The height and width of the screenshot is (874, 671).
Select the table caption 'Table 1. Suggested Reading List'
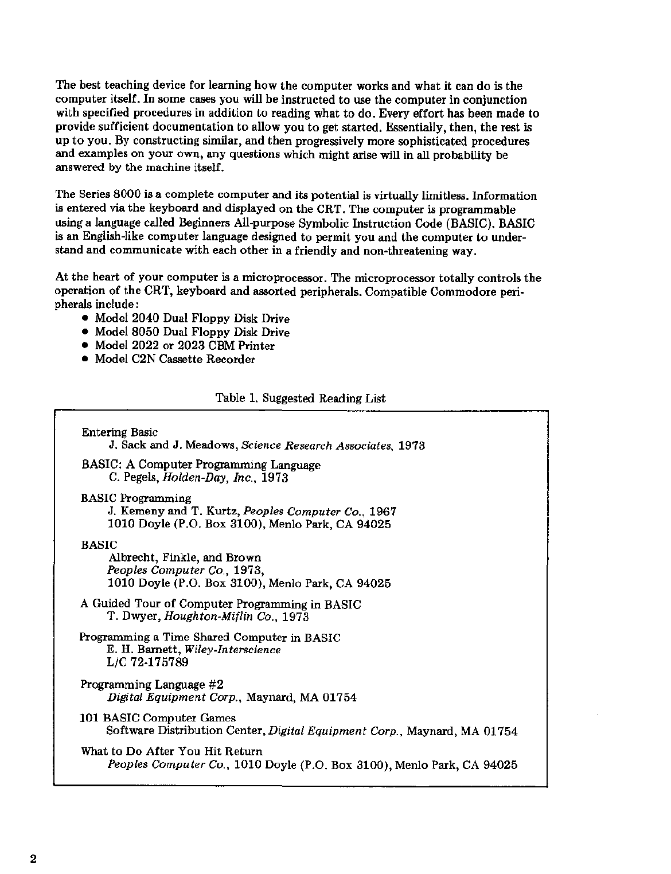pyautogui.click(x=301, y=399)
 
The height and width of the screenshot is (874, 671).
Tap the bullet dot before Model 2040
pyautogui.click(x=85, y=318)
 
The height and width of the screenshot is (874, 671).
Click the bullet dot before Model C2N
pyautogui.click(x=85, y=360)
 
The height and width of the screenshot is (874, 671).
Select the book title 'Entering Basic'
pyautogui.click(x=120, y=432)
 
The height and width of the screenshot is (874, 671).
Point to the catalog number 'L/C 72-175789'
pyautogui.click(x=148, y=663)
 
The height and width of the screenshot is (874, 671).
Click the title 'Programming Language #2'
pyautogui.click(x=152, y=684)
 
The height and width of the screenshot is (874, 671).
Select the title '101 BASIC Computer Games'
pyautogui.click(x=158, y=718)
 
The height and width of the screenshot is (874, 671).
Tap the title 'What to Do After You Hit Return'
pyautogui.click(x=171, y=751)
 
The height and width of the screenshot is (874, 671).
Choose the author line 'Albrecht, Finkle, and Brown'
pyautogui.click(x=184, y=557)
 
